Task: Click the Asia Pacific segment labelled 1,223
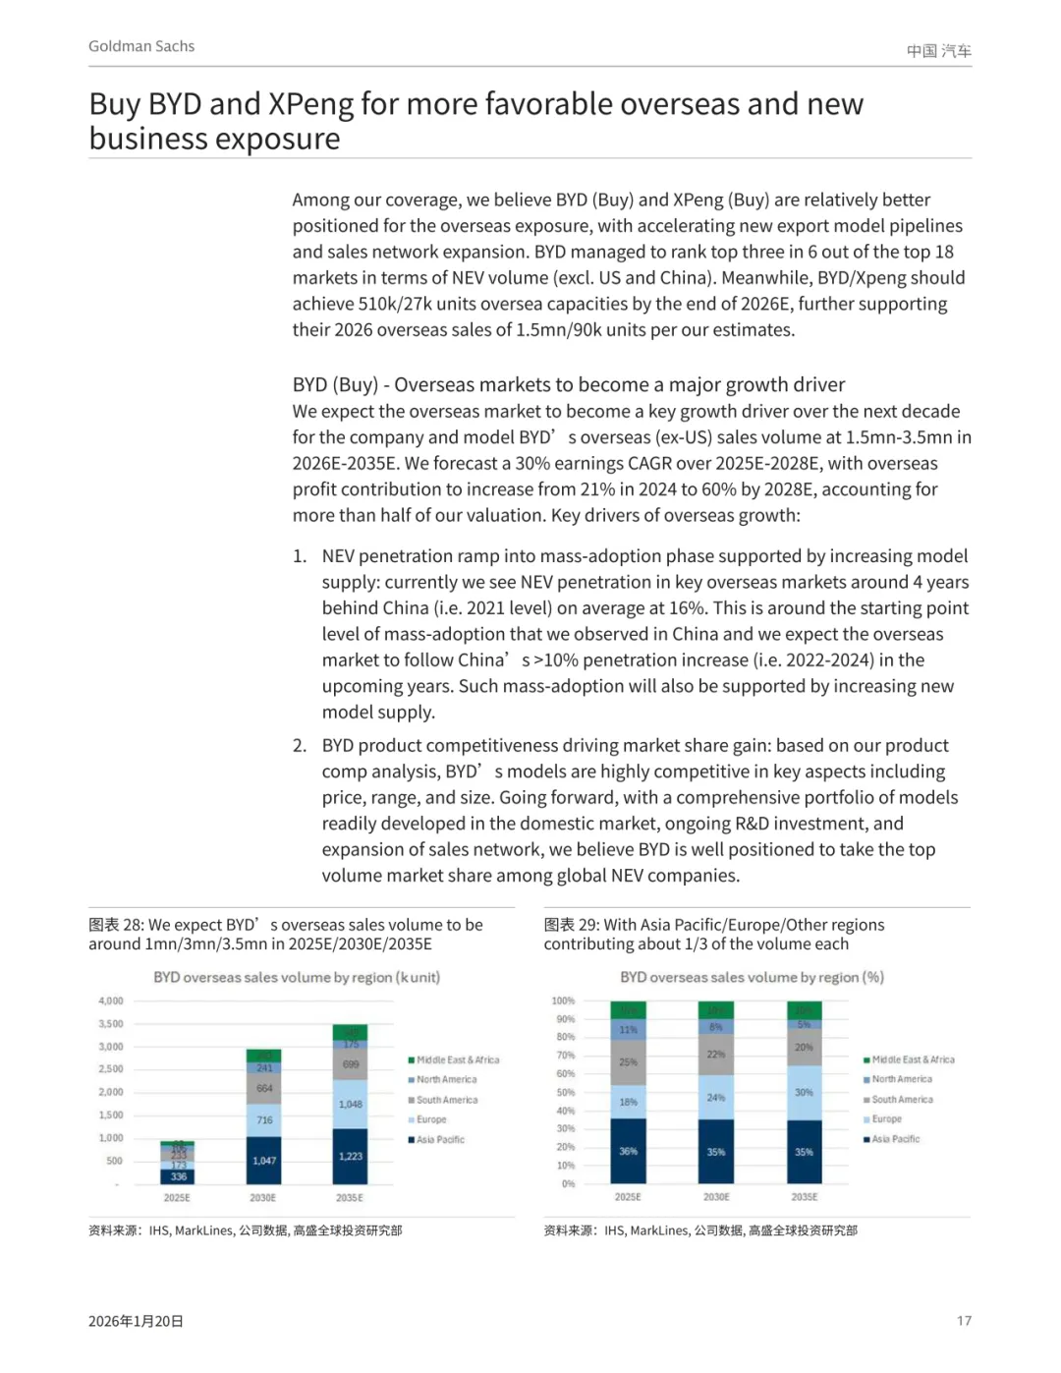point(351,1156)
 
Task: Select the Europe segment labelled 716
point(264,1120)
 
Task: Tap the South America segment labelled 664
point(264,1088)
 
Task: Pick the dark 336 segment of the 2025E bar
point(178,1176)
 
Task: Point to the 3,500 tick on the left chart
point(111,1024)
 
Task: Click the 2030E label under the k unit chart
point(263,1198)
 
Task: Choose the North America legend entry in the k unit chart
point(446,1079)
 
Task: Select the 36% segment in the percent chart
point(628,1151)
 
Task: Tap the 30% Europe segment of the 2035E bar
point(804,1092)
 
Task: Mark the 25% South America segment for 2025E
point(628,1061)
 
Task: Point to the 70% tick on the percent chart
point(566,1056)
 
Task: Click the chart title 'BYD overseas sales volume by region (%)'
point(752,977)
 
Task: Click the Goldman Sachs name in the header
point(141,46)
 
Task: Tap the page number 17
point(964,1321)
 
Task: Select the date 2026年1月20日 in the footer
point(136,1321)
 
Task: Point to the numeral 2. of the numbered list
point(300,746)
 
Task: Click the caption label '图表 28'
point(116,925)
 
